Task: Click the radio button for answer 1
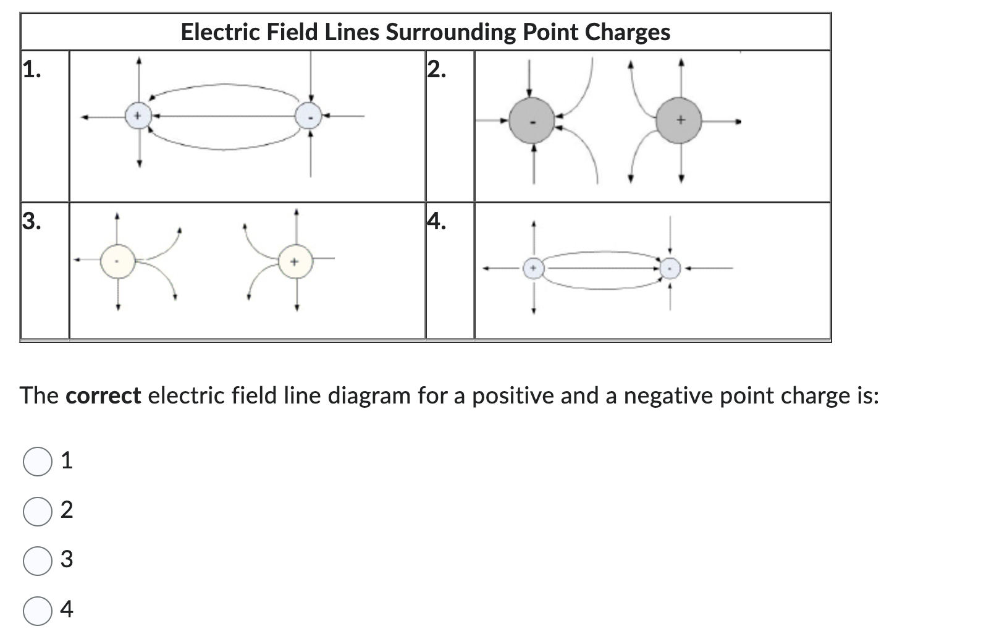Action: click(38, 462)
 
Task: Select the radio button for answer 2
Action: click(38, 511)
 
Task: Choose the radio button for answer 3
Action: click(38, 560)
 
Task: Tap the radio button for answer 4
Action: click(38, 611)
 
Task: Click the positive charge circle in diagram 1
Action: click(138, 116)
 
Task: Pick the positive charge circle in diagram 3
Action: click(295, 263)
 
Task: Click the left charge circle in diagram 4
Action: click(534, 268)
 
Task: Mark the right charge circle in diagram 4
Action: click(670, 268)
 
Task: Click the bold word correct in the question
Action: click(103, 395)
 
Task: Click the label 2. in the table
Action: click(437, 70)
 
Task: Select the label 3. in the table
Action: click(32, 221)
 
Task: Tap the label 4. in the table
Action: click(437, 221)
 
